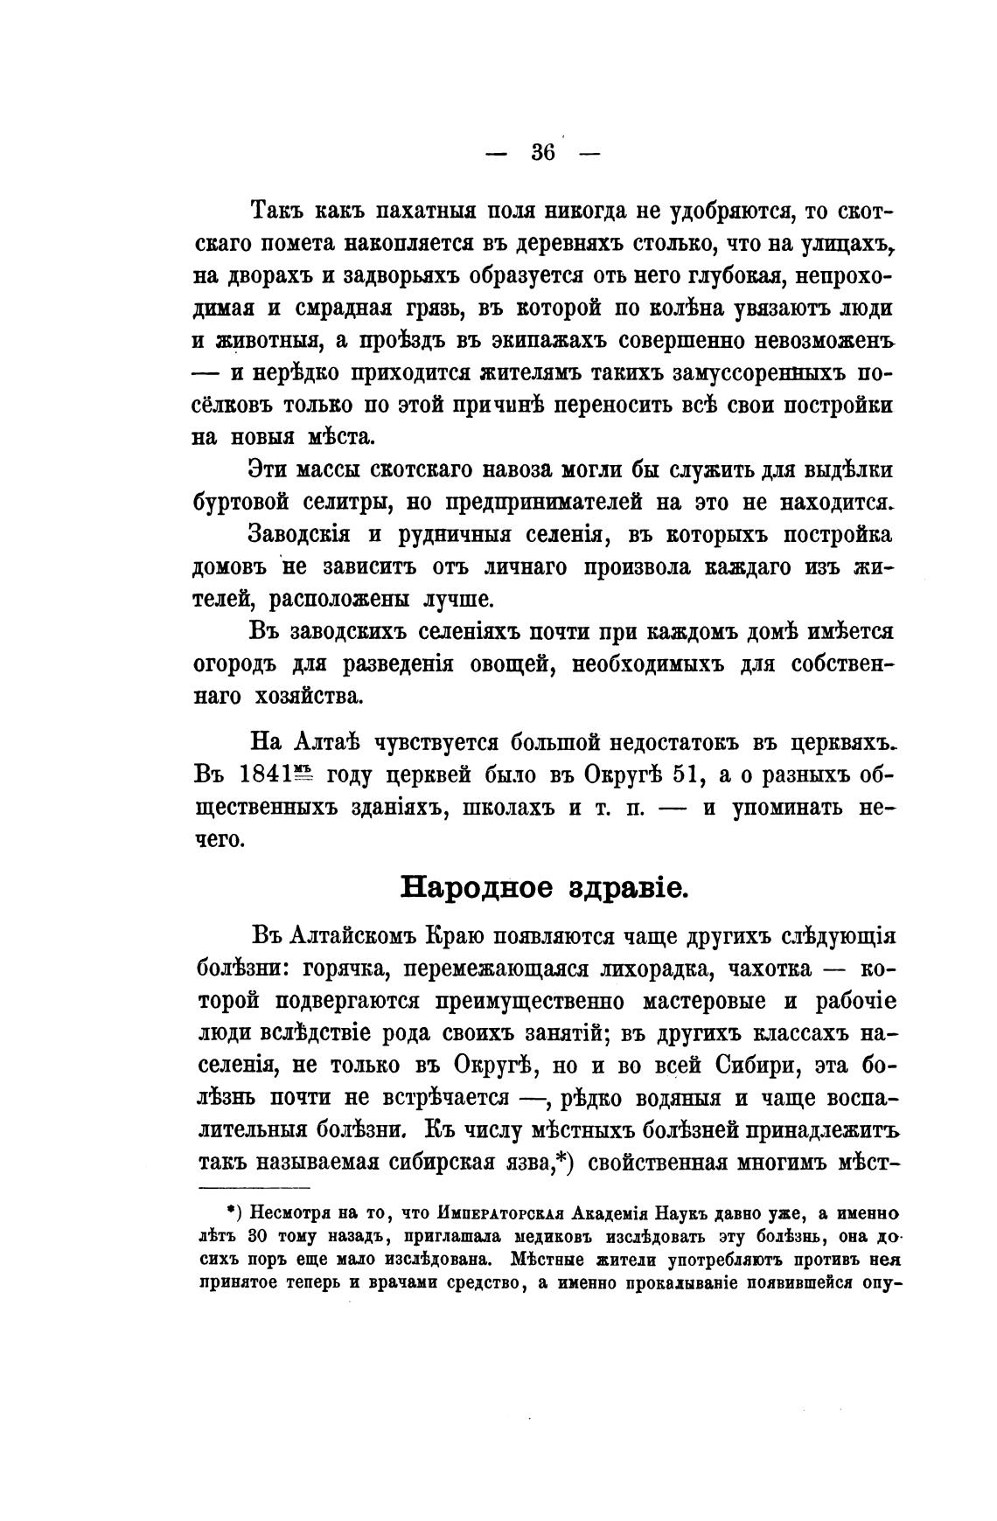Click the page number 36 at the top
click(542, 151)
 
